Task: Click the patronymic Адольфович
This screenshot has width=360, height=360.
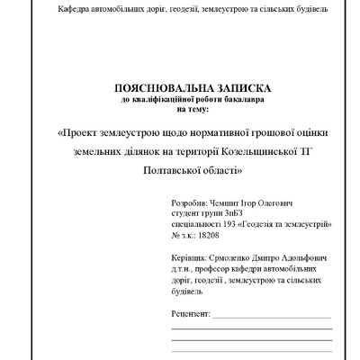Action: (299, 256)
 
